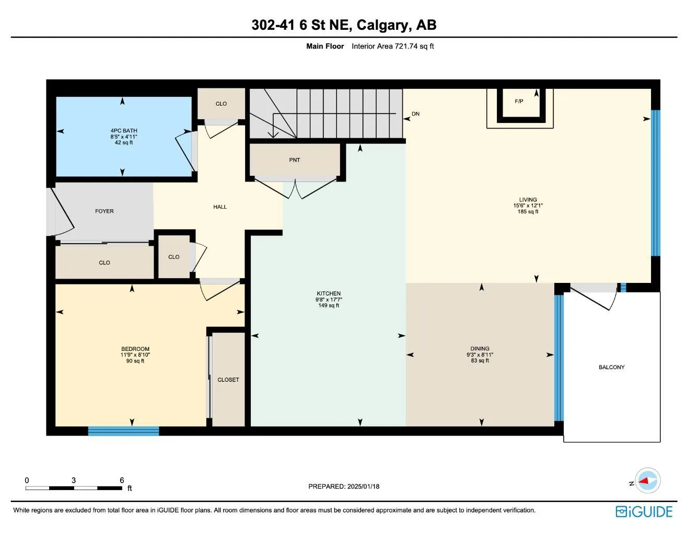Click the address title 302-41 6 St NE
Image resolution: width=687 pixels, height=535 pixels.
(343, 25)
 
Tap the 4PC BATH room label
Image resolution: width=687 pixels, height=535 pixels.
(124, 131)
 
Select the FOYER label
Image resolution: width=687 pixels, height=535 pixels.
(104, 211)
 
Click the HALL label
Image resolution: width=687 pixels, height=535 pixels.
(220, 207)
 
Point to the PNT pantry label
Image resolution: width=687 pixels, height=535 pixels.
(295, 160)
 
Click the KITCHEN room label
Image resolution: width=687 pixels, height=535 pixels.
(329, 293)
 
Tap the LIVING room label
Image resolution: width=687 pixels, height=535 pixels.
(528, 199)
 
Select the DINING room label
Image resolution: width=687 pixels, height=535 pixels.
(480, 348)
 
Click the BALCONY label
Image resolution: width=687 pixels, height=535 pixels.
(611, 367)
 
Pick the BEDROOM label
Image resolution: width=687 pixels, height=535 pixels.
(135, 349)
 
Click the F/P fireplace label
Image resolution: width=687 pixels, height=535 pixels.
(519, 101)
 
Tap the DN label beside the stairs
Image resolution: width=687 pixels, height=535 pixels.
(415, 114)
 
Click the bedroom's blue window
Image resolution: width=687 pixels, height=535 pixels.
(123, 431)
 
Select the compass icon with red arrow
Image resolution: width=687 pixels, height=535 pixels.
(648, 480)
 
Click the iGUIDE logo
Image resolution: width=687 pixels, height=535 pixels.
(644, 511)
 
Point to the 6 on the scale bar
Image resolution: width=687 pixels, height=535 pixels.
(122, 480)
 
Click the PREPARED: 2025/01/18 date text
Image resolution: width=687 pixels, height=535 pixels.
(344, 486)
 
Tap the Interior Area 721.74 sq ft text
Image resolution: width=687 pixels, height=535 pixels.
(392, 46)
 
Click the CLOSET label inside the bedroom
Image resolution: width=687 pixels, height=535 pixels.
(228, 380)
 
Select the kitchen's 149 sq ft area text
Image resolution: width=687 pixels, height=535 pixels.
(329, 305)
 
